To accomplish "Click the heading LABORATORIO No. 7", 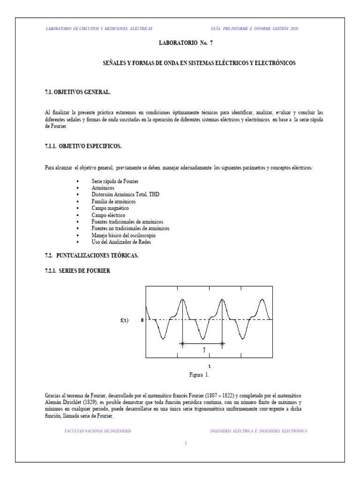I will (x=182, y=43).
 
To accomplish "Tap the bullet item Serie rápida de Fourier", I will (x=115, y=181).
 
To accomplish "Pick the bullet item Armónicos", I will (x=103, y=188).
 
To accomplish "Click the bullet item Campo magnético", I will (x=110, y=208).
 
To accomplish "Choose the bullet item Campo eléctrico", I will (x=108, y=215).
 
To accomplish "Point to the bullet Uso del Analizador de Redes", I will (x=121, y=242).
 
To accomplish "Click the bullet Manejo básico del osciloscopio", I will (x=123, y=235).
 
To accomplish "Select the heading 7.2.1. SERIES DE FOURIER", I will (x=77, y=271).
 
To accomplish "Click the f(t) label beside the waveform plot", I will (x=124, y=321).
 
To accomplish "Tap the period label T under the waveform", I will (x=204, y=350).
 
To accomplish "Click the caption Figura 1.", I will (x=199, y=375).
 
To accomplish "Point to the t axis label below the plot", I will (x=210, y=366).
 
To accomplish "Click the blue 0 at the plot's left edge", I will (x=142, y=320).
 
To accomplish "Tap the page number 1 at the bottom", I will (x=186, y=443).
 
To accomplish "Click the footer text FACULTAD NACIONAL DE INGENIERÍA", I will (x=97, y=431).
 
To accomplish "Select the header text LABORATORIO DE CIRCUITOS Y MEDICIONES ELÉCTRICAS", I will (x=99, y=29).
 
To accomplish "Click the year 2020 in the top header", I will (x=294, y=29).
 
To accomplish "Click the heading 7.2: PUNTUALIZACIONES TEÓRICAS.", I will (x=92, y=255).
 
